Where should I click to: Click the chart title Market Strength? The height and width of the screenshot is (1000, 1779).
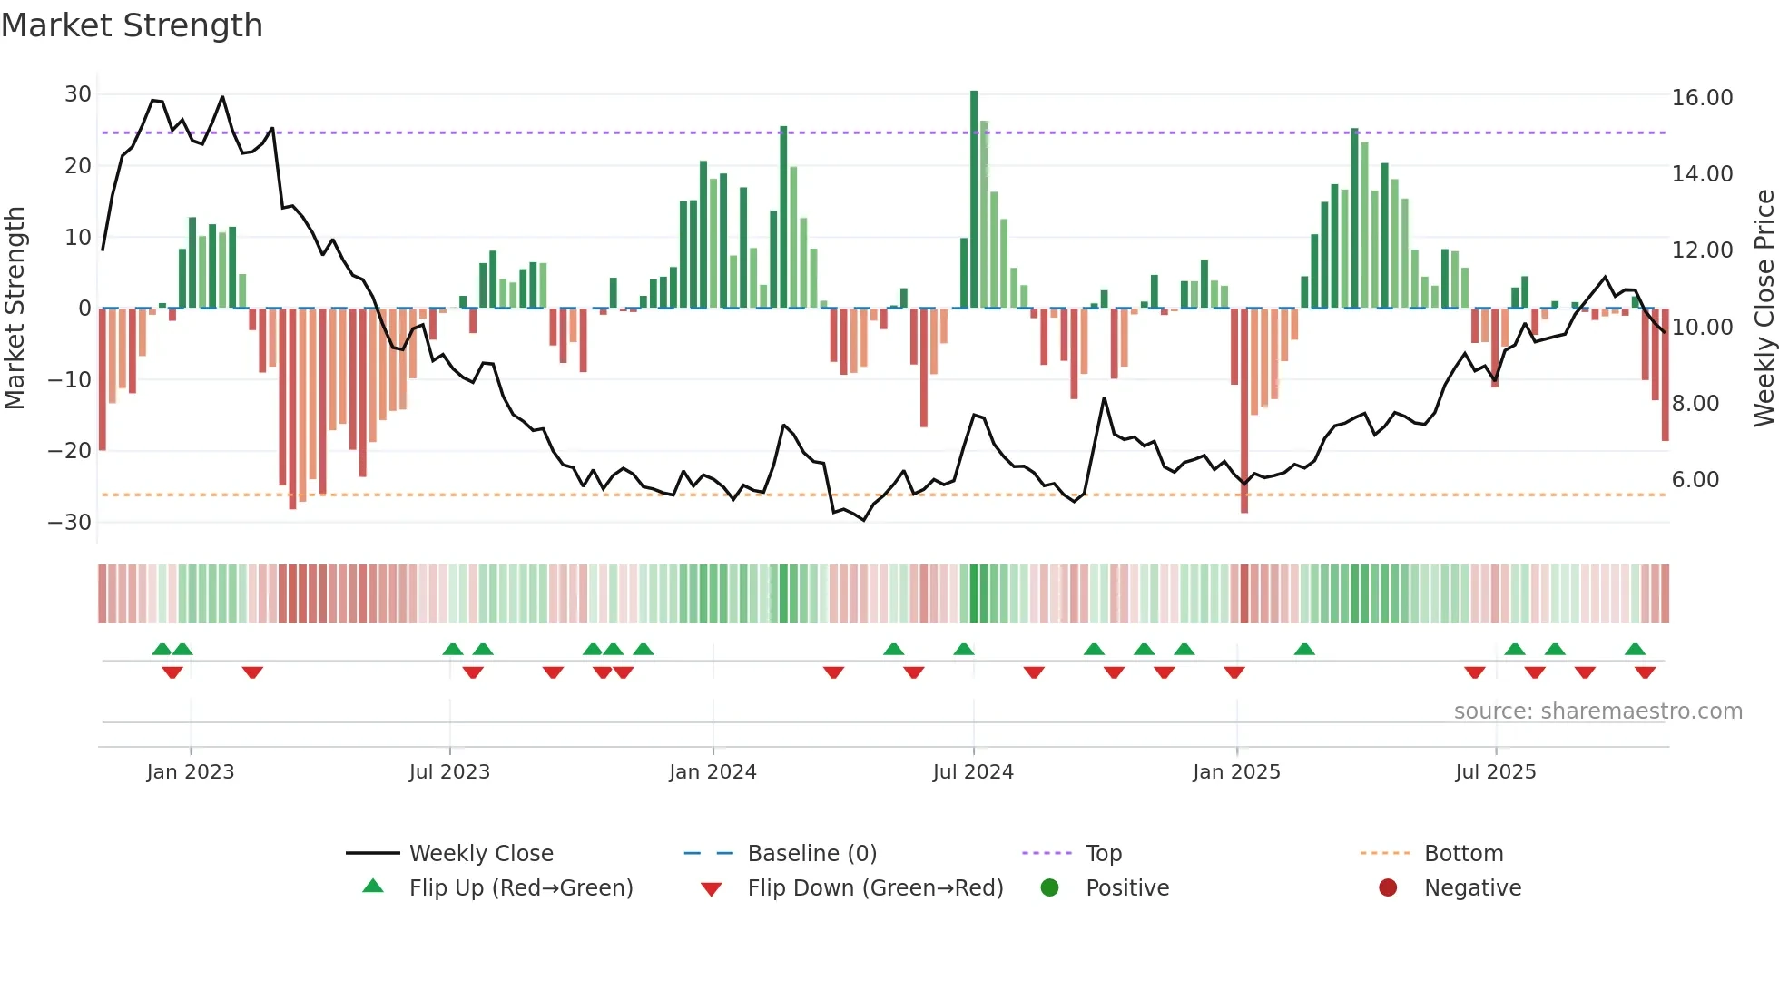pos(132,25)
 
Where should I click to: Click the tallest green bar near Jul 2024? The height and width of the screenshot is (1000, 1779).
pos(974,200)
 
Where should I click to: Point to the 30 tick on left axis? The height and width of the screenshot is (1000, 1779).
pos(78,94)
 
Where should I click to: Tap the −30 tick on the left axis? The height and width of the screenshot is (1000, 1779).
pos(70,523)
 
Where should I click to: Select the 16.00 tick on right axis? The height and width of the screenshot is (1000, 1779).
pos(1702,98)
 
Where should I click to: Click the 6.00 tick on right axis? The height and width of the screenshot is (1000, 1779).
pos(1695,480)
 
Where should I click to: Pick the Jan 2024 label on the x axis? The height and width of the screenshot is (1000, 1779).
pos(713,772)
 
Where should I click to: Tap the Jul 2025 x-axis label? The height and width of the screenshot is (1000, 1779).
pos(1495,772)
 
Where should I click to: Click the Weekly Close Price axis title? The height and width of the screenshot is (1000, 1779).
pos(1764,309)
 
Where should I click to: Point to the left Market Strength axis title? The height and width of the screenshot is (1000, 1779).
pos(15,309)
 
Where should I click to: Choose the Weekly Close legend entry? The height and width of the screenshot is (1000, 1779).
pos(480,854)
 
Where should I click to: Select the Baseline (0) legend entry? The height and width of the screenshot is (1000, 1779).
pos(811,854)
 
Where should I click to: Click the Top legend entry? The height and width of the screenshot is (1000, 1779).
pos(1103,854)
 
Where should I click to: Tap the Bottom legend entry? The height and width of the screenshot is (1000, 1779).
pos(1463,854)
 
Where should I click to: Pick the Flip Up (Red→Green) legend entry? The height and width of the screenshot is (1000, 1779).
pos(520,888)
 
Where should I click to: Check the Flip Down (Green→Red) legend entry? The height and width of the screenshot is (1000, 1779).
pos(875,888)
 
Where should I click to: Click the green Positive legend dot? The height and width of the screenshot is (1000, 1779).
pos(1050,888)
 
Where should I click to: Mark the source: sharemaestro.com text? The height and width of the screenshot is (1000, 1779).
pos(1597,711)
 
